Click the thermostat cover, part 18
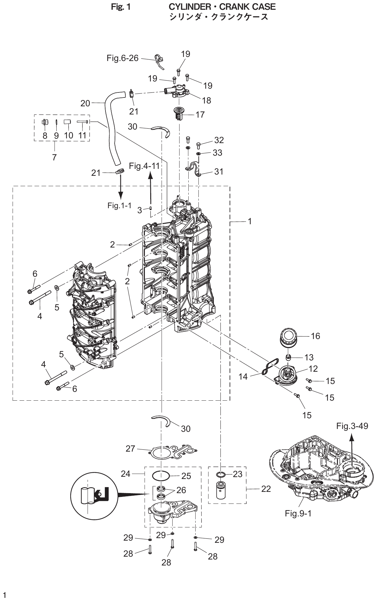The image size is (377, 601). (x=178, y=92)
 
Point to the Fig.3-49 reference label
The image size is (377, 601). (x=352, y=426)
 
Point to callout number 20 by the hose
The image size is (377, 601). (x=85, y=103)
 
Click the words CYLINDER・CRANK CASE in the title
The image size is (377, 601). (x=222, y=7)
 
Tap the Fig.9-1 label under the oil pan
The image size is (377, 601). (x=298, y=514)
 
